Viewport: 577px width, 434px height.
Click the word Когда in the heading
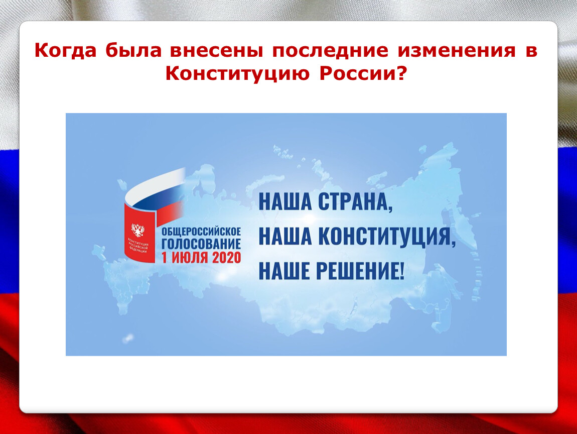pos(66,50)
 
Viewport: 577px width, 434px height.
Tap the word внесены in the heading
pos(216,51)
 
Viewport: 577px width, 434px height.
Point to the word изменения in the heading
pos(457,51)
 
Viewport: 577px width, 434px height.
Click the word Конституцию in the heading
pos(237,74)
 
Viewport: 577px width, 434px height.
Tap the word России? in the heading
pos(363,74)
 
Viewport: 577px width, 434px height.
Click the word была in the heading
pos(133,50)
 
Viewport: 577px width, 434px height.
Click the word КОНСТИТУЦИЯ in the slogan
pos(386,236)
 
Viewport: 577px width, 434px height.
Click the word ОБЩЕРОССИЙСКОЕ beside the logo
pos(201,232)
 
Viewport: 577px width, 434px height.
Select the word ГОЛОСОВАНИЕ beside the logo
pos(201,244)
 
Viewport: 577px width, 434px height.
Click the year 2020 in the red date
pos(226,258)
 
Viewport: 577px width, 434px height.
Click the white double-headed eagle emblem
pos(138,230)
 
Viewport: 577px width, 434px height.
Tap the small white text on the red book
pos(137,246)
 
